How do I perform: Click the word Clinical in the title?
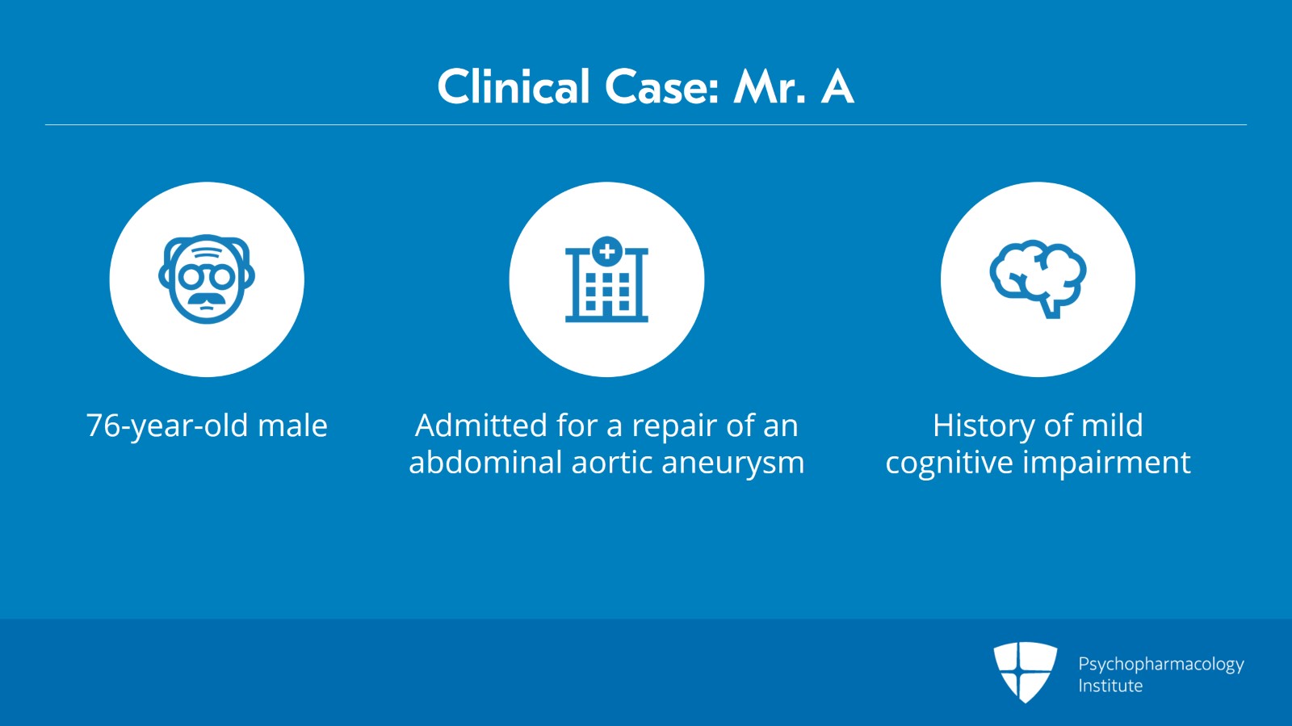pyautogui.click(x=514, y=86)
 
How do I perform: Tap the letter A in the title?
pyautogui.click(x=837, y=87)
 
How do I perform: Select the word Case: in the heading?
pyautogui.click(x=662, y=87)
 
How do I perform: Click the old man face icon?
pyautogui.click(x=207, y=279)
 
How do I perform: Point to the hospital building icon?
pyautogui.click(x=606, y=279)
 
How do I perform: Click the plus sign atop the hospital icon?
pyautogui.click(x=606, y=251)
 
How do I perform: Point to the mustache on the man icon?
pyautogui.click(x=207, y=300)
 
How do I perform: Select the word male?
pyautogui.click(x=292, y=426)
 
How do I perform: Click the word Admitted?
pyautogui.click(x=481, y=426)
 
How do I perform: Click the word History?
pyautogui.click(x=982, y=426)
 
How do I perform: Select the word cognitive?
pyautogui.click(x=949, y=463)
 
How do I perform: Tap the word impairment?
pyautogui.click(x=1107, y=463)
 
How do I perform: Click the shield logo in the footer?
pyautogui.click(x=1025, y=672)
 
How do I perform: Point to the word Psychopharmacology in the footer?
pyautogui.click(x=1161, y=665)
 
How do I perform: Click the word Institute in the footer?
pyautogui.click(x=1110, y=686)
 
